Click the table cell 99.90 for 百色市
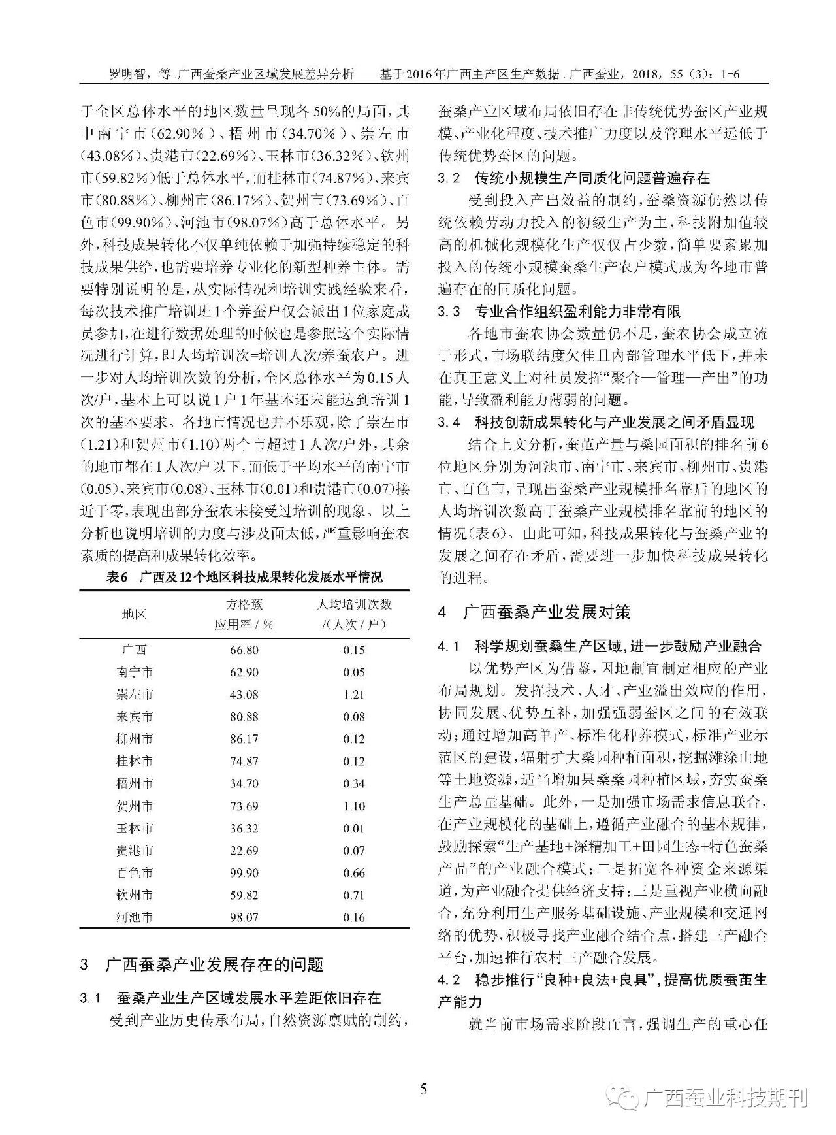click(x=244, y=873)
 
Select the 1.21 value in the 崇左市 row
click(x=353, y=695)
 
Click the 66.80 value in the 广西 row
click(x=244, y=650)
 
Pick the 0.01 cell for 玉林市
click(x=353, y=829)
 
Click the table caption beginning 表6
click(x=244, y=578)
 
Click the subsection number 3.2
click(x=449, y=178)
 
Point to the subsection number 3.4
click(x=449, y=423)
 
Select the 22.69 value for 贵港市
click(x=244, y=851)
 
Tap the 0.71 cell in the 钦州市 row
click(x=353, y=895)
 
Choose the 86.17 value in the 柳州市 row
click(x=244, y=739)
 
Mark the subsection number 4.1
click(x=449, y=647)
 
